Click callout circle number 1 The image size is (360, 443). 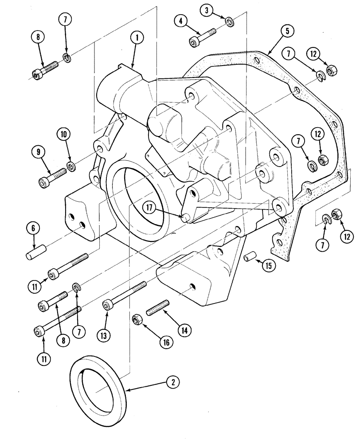(137, 39)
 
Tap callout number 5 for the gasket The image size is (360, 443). (287, 31)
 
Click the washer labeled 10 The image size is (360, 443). (71, 166)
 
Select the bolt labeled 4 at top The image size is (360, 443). (202, 37)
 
